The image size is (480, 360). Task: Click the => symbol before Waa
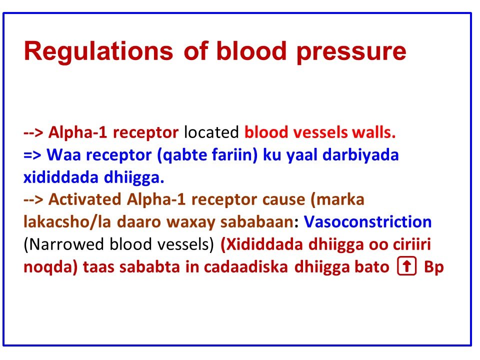(33, 155)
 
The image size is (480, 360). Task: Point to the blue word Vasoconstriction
(367, 221)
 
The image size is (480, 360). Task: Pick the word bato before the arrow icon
(373, 266)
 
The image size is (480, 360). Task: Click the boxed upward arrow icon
(407, 267)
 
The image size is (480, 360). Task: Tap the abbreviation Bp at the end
(433, 266)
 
